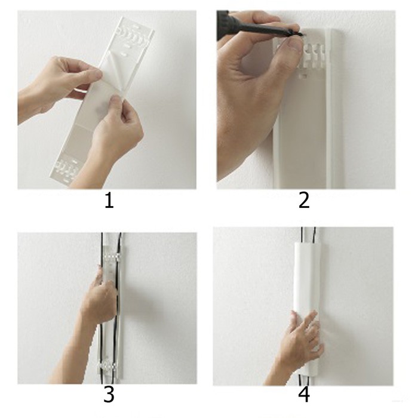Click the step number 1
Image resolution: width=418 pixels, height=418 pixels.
(109, 201)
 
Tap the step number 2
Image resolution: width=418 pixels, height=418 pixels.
(304, 201)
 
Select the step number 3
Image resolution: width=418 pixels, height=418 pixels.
(109, 395)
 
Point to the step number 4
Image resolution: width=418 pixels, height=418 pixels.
(304, 395)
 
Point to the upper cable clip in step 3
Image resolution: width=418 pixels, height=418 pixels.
(112, 257)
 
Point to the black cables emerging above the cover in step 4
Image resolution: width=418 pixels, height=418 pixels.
(309, 235)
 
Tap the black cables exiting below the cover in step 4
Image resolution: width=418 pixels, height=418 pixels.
(303, 379)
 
